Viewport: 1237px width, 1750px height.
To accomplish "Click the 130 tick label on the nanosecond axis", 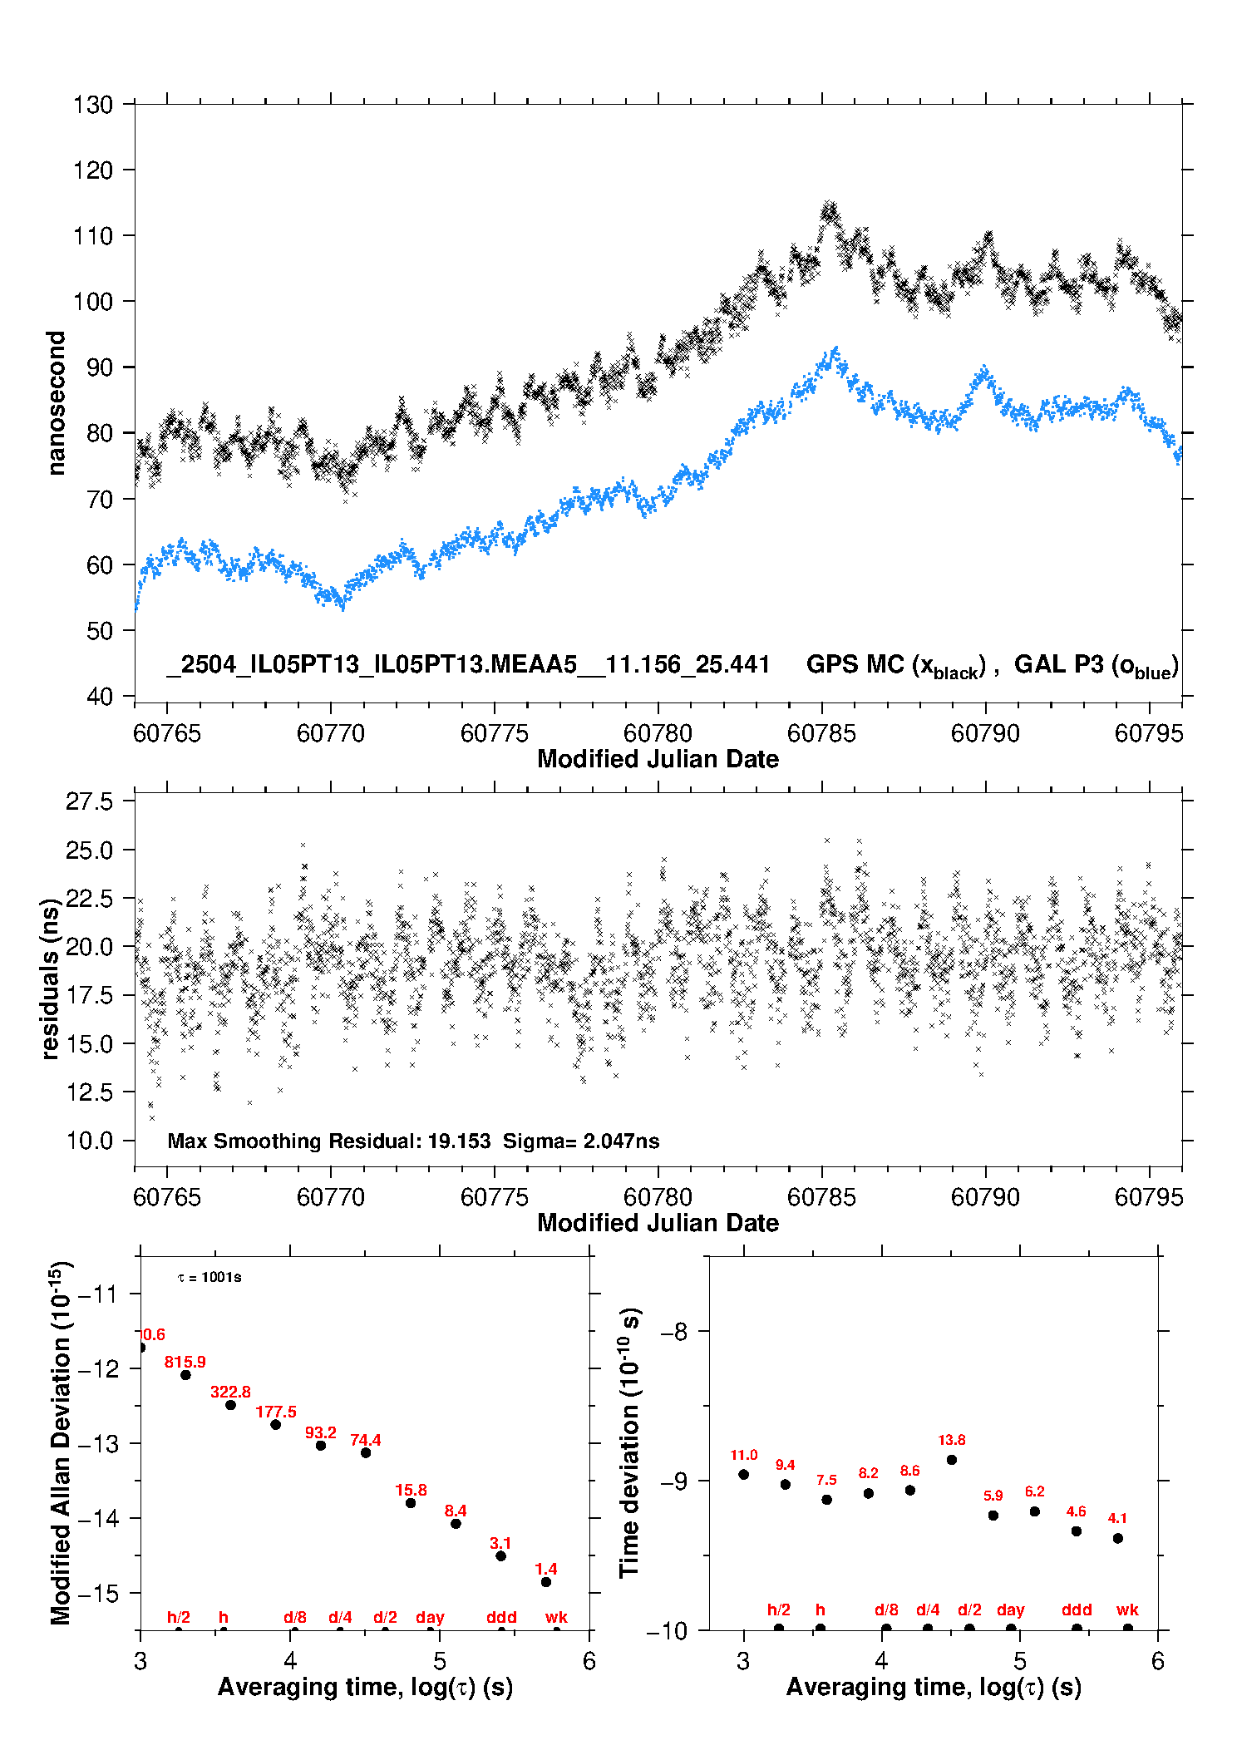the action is [x=92, y=105].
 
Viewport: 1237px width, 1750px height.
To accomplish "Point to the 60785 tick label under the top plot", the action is [x=821, y=733].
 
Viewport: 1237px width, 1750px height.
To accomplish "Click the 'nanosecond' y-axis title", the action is [x=56, y=403].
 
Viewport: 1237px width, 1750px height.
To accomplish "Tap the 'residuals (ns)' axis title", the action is [x=51, y=979].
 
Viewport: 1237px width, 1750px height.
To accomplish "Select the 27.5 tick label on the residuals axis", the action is [x=89, y=801].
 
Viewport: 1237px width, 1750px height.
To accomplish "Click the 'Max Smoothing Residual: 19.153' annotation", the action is [x=329, y=1141].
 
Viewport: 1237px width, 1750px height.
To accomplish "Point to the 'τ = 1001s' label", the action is [x=209, y=1277].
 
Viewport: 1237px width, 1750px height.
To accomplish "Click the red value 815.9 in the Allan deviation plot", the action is [x=185, y=1362].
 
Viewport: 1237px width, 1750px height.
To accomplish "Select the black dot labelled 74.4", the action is [x=366, y=1452].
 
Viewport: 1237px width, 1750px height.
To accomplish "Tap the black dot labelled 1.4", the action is [x=546, y=1582].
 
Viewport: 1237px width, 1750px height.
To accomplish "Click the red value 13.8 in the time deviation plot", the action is [x=952, y=1440].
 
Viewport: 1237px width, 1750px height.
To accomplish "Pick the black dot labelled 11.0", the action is [x=744, y=1474].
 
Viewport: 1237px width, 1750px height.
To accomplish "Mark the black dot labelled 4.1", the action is [x=1118, y=1538].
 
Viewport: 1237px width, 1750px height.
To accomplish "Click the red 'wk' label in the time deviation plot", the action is [x=1127, y=1610].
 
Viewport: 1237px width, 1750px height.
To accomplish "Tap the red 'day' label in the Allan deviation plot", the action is [x=430, y=1617].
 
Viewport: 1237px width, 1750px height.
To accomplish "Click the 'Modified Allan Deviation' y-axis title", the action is [x=61, y=1443].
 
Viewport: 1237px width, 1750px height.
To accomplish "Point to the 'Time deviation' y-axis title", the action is [x=629, y=1443].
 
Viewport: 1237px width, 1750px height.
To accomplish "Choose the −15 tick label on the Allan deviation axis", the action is [x=98, y=1594].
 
